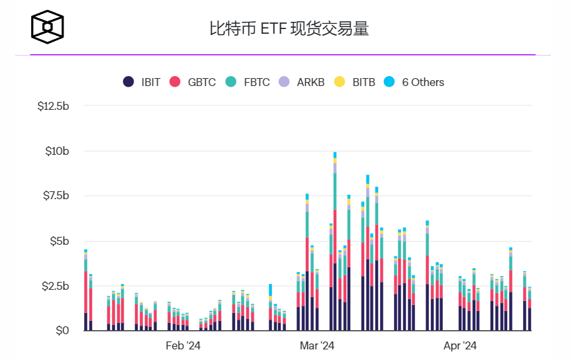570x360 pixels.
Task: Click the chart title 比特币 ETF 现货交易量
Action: (x=289, y=28)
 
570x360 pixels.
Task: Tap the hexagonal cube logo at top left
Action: (x=49, y=27)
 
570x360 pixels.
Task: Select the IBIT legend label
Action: (x=151, y=82)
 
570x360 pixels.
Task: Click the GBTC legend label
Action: (x=201, y=82)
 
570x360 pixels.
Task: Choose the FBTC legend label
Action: (x=256, y=82)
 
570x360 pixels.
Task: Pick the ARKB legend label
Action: (x=310, y=82)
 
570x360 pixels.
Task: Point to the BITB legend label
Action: (x=363, y=82)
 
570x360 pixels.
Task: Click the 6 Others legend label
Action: (x=423, y=82)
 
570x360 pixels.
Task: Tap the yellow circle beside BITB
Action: (x=340, y=82)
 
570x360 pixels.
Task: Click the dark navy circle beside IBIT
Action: (x=128, y=82)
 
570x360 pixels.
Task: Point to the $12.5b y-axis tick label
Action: (x=53, y=106)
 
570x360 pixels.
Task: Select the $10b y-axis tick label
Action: (x=57, y=151)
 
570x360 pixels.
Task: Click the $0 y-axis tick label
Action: (x=62, y=330)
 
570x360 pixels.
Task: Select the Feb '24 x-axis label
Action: (x=183, y=345)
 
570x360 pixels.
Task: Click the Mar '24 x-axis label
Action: (x=317, y=345)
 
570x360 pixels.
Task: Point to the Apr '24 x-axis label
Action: (x=459, y=345)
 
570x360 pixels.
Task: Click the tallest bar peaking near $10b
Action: (x=335, y=251)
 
